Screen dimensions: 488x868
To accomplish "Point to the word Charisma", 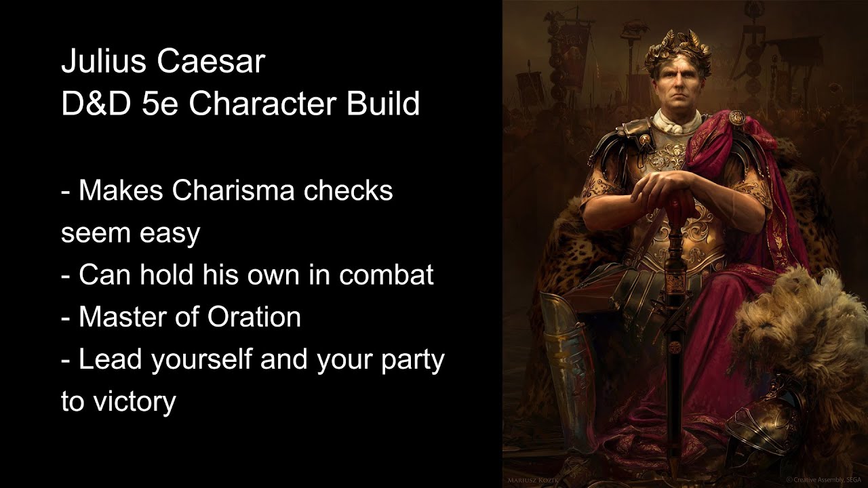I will (x=233, y=191).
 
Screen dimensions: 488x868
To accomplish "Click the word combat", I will (x=386, y=275).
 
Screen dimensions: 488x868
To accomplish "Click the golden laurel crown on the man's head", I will (x=677, y=52).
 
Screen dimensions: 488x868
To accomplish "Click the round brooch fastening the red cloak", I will (x=736, y=118).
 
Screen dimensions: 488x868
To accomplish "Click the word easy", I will (x=170, y=234).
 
